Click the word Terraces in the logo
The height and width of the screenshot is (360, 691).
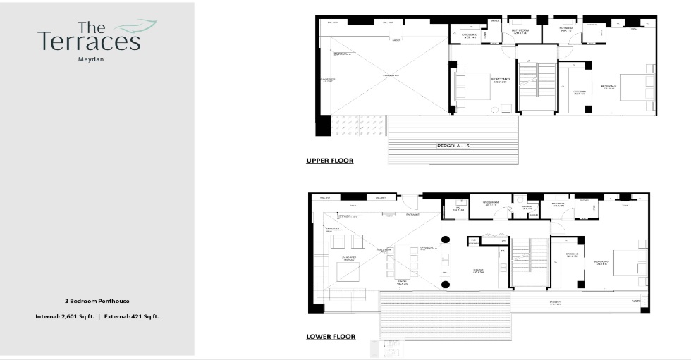(x=89, y=42)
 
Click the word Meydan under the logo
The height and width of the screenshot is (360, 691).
(x=90, y=60)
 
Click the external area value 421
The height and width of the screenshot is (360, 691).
(x=135, y=317)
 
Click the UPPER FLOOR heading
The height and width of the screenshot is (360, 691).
(x=329, y=161)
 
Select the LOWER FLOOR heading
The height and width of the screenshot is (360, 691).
(x=330, y=337)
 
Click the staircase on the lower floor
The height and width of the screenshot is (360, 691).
(x=528, y=263)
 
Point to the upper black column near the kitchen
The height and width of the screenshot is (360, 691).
(x=446, y=239)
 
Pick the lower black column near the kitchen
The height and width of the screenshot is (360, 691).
(x=446, y=285)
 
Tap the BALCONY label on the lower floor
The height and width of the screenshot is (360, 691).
(x=556, y=303)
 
